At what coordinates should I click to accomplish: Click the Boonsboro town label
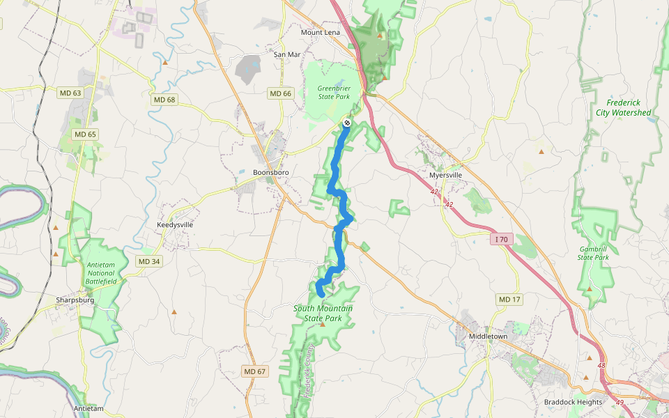coord(270,172)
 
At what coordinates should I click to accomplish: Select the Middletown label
coord(488,336)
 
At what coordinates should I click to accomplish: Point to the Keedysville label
coord(175,225)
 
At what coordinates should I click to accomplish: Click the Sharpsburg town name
coord(75,301)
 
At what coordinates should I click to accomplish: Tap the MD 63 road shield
coord(70,93)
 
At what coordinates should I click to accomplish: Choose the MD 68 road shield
coord(163,100)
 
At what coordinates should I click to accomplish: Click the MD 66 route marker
coord(280,93)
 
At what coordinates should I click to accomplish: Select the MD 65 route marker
coord(84,134)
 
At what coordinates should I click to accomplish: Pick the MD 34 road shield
coord(148,261)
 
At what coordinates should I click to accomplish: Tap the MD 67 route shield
coord(255,371)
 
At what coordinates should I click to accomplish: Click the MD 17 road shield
coord(509,299)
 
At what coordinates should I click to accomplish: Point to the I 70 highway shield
coord(501,239)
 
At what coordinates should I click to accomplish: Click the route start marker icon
coord(347,123)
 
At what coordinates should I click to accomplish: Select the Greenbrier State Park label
coord(333,93)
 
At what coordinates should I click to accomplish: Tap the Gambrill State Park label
coord(594,253)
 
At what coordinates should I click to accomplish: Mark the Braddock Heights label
coord(573,402)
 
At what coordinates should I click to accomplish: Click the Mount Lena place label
coord(319,32)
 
